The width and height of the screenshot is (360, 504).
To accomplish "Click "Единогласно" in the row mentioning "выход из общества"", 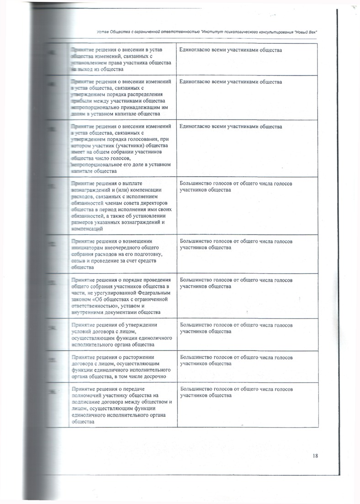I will tap(196, 50).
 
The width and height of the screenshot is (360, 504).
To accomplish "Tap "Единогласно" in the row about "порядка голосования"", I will tap(196, 126).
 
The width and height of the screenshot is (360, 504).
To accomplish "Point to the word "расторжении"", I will tap(139, 357).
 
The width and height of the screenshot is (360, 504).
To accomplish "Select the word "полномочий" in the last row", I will tap(87, 395).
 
